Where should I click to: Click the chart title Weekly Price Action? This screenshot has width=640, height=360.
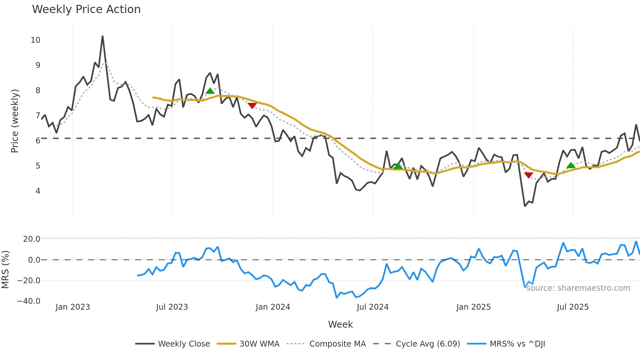(86, 9)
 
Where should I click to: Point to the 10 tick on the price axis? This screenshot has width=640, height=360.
(36, 40)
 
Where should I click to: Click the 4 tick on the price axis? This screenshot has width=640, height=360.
(38, 191)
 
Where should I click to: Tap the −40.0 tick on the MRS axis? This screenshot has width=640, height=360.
(29, 301)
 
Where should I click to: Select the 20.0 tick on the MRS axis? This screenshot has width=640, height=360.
(32, 239)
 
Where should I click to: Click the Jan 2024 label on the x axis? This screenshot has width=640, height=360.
(273, 307)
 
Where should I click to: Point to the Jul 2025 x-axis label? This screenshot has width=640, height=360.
(573, 307)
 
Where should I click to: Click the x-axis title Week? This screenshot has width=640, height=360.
(340, 324)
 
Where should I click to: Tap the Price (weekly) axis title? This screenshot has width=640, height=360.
(15, 121)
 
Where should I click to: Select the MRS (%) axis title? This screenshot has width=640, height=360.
(5, 270)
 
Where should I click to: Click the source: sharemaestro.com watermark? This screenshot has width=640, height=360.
(578, 288)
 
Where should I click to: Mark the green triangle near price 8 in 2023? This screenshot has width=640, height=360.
(210, 91)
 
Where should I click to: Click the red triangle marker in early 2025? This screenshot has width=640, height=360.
(529, 175)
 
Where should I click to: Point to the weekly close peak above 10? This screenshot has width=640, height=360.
(103, 36)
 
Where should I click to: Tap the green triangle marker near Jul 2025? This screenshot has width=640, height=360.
(571, 165)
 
